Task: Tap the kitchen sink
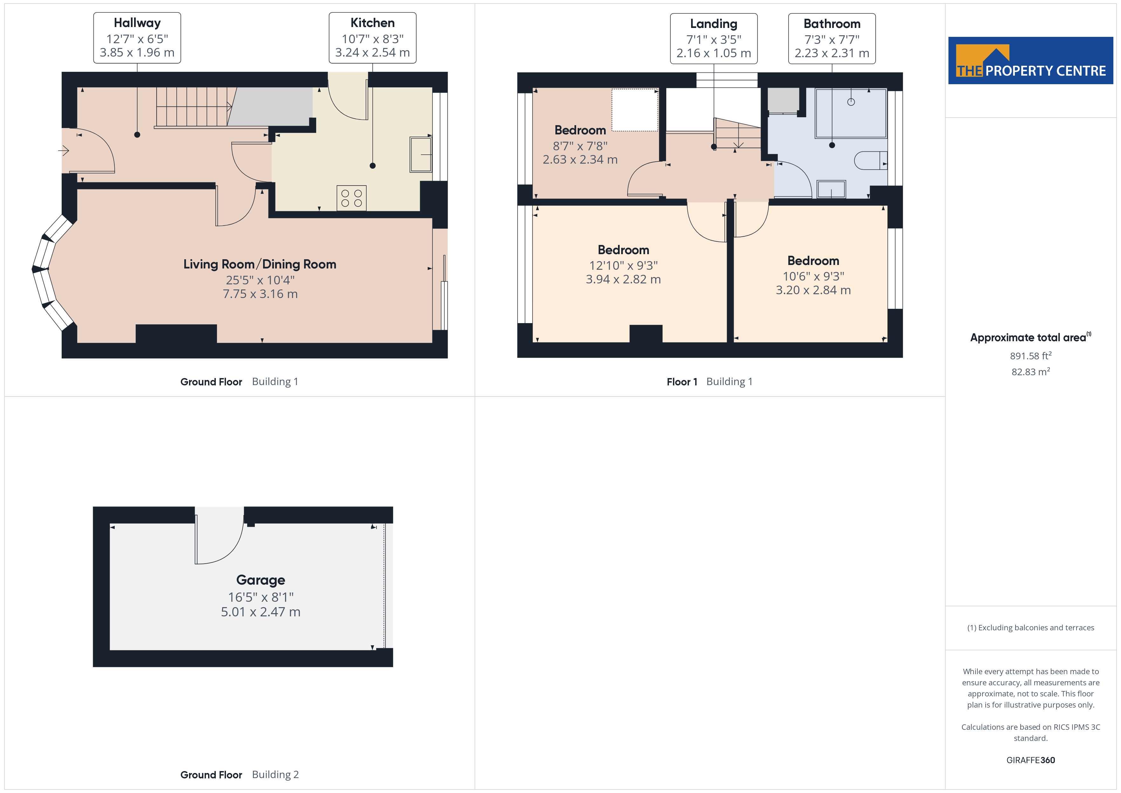420,155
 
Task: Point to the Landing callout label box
714,38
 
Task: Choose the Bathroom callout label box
832,38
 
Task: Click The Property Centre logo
1031,61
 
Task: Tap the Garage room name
261,580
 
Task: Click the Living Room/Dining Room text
260,264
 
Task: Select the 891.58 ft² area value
1031,356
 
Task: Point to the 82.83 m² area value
1031,372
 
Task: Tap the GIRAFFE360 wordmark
1031,760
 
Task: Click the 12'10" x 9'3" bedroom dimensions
623,266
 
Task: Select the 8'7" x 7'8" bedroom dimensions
580,146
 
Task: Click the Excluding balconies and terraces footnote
1031,628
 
